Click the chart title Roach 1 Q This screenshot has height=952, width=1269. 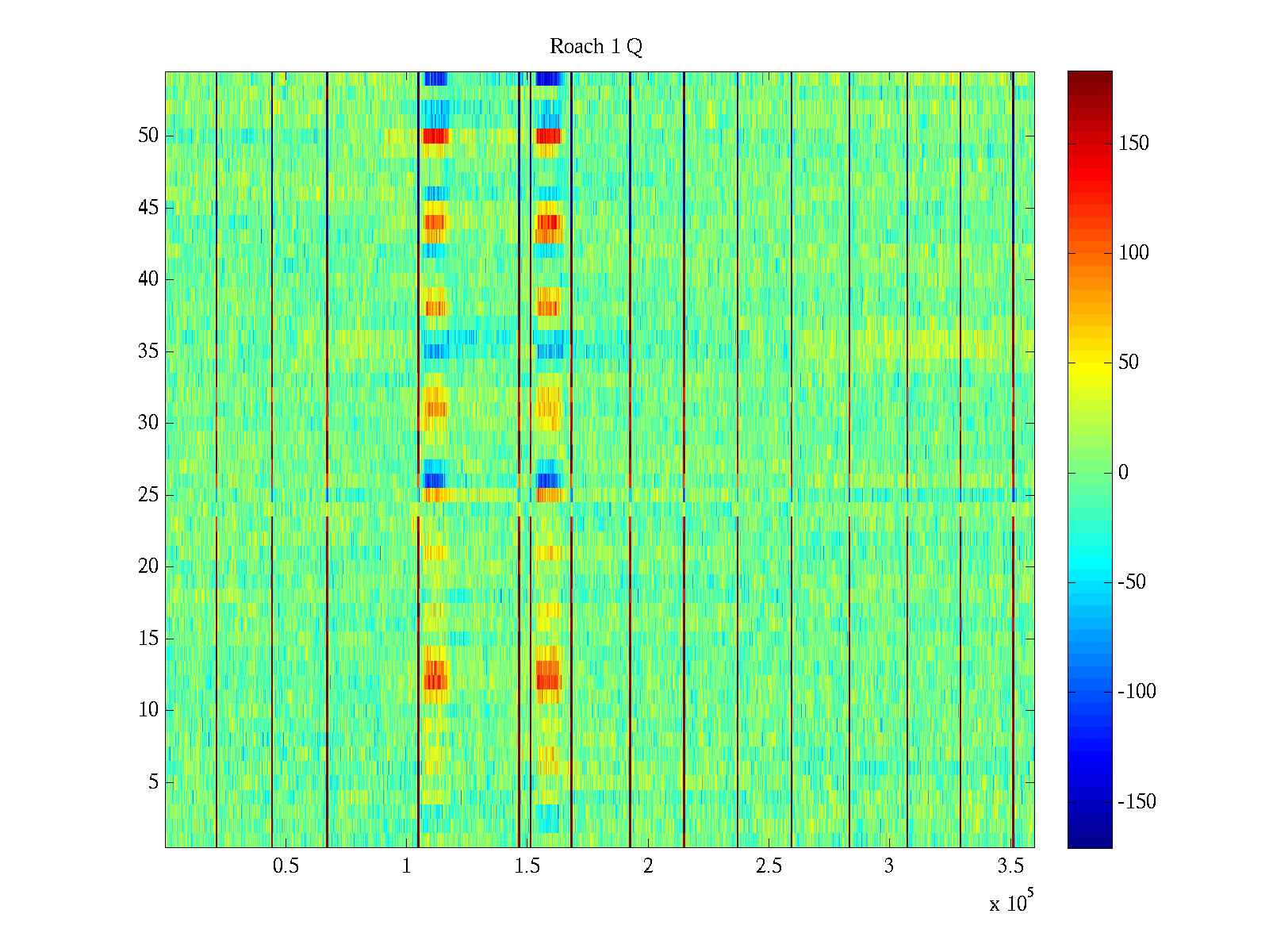[596, 47]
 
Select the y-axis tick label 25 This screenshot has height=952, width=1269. [148, 495]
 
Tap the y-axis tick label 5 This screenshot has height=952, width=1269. [153, 782]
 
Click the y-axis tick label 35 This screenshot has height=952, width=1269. [148, 351]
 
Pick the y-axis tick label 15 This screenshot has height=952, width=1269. [148, 639]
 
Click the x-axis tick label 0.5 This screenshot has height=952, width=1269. [286, 866]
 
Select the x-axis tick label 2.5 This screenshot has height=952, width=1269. [769, 866]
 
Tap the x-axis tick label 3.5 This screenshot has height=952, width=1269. [1010, 866]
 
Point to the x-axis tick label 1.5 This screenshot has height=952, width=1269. [527, 866]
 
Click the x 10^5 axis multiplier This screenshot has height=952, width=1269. [1011, 903]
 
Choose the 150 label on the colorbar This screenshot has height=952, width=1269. [1133, 144]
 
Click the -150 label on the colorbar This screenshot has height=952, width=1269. [1137, 802]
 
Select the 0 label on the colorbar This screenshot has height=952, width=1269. [1123, 473]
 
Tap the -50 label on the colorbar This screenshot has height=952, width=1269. [1132, 582]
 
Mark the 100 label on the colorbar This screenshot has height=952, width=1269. [1133, 253]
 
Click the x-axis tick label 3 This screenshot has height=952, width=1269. [889, 866]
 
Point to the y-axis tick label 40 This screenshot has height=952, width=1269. [148, 279]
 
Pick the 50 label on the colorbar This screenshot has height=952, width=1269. [1129, 363]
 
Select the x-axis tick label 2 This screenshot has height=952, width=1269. [648, 866]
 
